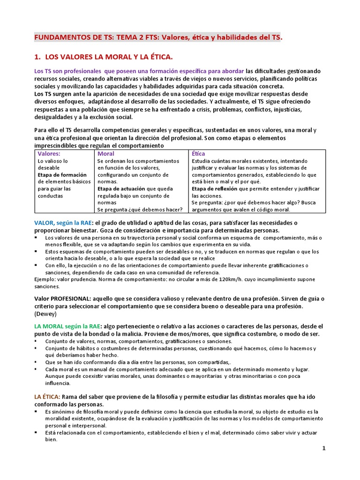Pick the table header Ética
click(x=198, y=153)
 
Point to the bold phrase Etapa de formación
click(x=62, y=175)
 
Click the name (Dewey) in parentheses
click(x=45, y=314)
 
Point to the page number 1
click(x=323, y=448)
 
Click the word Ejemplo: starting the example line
click(x=45, y=279)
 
